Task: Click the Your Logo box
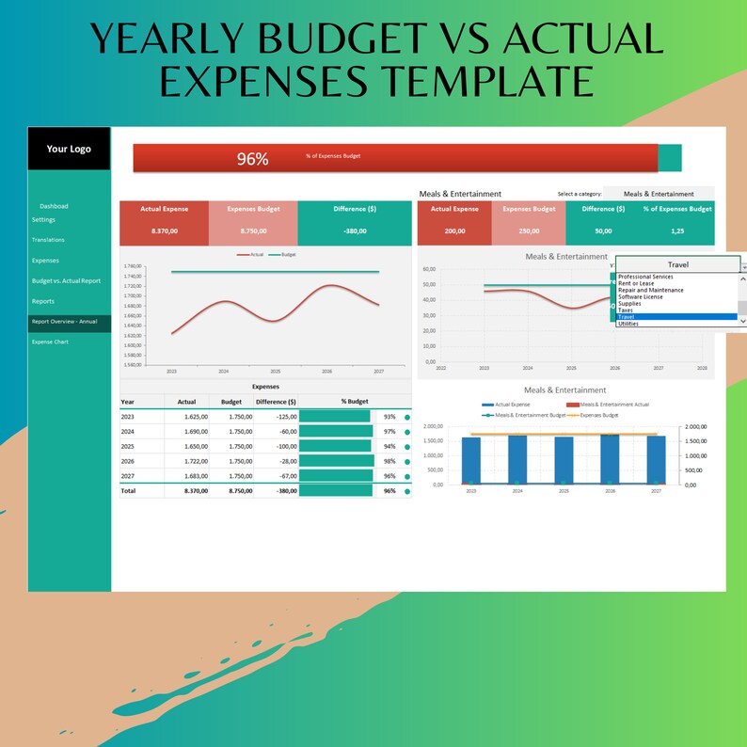point(69,149)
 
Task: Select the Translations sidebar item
point(48,240)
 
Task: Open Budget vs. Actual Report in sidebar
point(66,280)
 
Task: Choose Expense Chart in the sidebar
point(50,342)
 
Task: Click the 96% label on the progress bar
point(252,159)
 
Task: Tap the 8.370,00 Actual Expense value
point(164,230)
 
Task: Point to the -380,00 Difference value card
point(355,230)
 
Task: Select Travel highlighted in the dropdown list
point(627,317)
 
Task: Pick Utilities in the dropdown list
point(628,324)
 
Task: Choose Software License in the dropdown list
point(641,297)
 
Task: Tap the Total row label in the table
point(128,490)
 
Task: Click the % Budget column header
point(355,402)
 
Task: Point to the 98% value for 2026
point(389,461)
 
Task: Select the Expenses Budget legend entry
point(599,414)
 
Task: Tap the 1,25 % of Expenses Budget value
point(677,230)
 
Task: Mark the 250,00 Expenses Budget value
point(530,230)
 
